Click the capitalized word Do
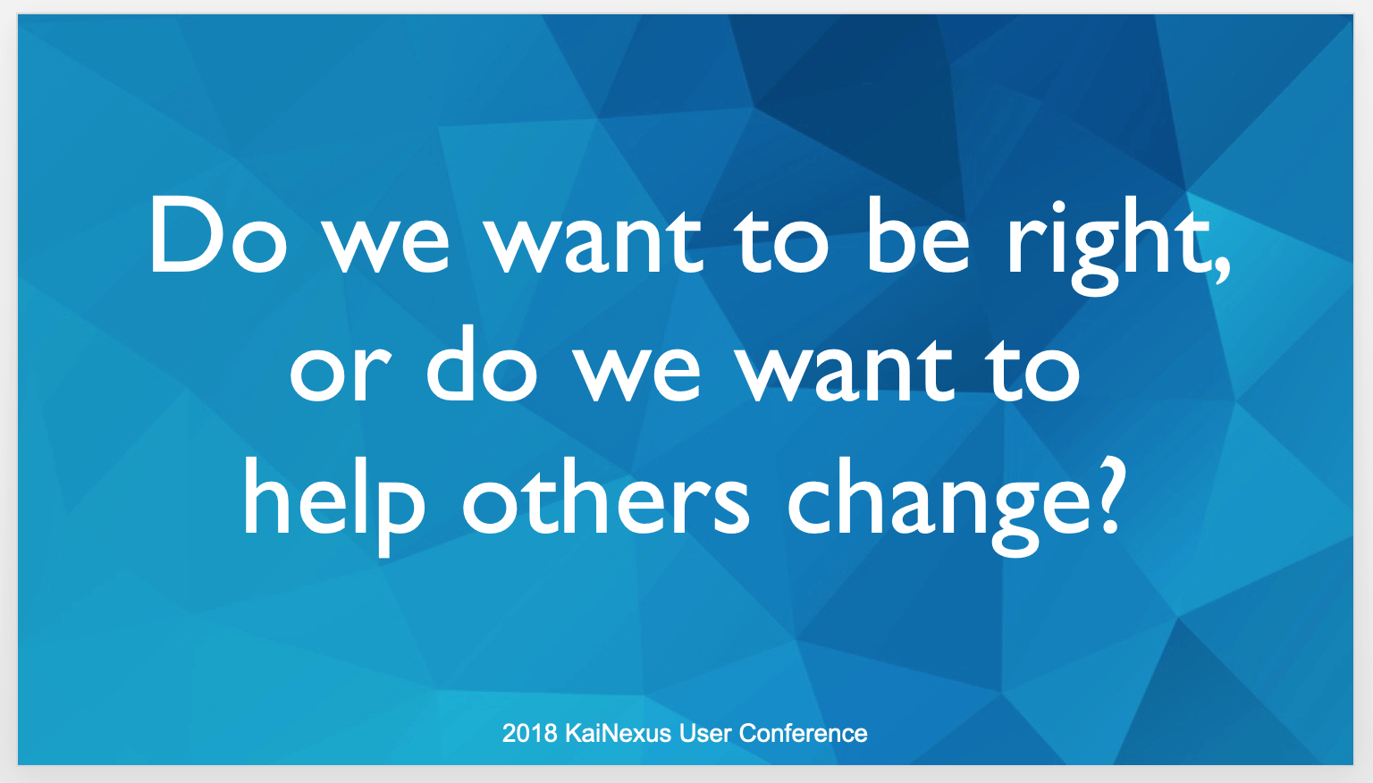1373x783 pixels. point(217,235)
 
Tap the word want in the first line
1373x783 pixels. point(594,239)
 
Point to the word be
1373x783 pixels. point(918,235)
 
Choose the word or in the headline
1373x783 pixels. point(340,373)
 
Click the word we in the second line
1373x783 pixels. point(637,375)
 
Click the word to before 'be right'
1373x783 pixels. point(784,239)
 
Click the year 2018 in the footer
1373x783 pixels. point(529,733)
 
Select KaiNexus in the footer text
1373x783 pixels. point(618,733)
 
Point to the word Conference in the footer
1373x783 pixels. point(803,733)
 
